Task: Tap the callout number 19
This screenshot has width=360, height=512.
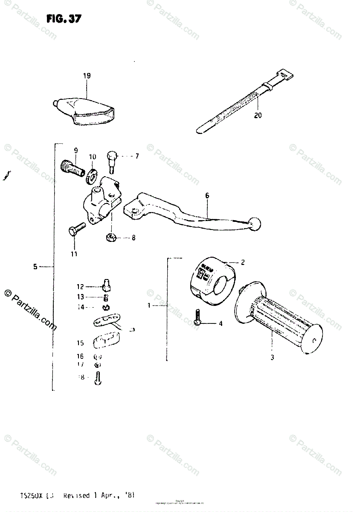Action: point(87,76)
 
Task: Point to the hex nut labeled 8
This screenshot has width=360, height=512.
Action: point(110,237)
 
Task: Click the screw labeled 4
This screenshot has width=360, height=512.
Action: point(197,318)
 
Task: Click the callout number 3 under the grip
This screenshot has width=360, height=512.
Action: point(272,358)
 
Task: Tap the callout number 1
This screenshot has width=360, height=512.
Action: point(149,305)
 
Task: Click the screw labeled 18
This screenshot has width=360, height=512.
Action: point(99,377)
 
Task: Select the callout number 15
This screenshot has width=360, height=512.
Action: point(80,343)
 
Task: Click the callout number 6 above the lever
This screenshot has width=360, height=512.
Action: point(207,196)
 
